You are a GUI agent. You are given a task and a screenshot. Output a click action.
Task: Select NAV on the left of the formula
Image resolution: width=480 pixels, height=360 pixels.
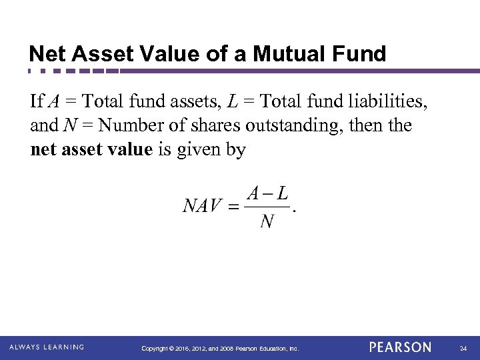[202, 206]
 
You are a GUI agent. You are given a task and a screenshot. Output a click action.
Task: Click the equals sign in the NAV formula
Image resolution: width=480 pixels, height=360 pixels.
[234, 207]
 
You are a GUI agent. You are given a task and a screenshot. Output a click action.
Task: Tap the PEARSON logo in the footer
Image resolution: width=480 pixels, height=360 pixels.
[400, 347]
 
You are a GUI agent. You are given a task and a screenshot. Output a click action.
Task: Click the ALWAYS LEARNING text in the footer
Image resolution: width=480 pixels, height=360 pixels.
[47, 347]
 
